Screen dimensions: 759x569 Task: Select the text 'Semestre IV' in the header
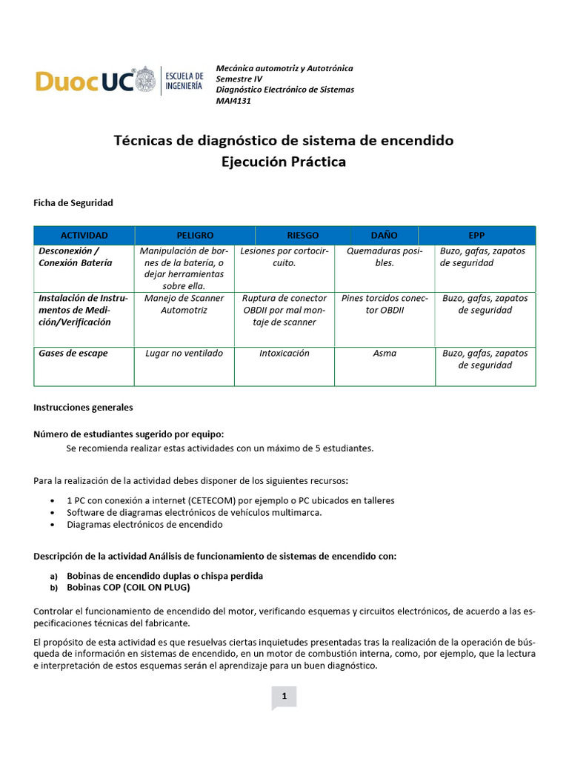pos(239,79)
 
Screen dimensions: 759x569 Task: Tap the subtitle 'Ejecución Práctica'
pos(284,162)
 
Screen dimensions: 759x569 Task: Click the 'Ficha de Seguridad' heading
pos(73,202)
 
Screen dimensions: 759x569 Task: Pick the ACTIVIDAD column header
pos(84,235)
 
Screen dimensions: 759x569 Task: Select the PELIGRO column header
pos(195,235)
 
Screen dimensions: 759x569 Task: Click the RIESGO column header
pos(302,235)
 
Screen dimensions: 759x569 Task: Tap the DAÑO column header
pos(384,235)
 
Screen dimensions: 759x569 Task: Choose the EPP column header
pos(476,235)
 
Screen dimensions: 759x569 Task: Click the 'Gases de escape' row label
pos(73,354)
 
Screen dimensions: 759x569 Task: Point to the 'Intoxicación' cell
pos(284,354)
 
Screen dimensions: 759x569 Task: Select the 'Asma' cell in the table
pos(385,354)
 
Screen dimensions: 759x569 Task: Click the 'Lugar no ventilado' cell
pos(184,354)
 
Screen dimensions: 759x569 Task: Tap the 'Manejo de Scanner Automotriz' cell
pos(184,304)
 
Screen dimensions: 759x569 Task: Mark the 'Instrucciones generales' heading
pos(83,408)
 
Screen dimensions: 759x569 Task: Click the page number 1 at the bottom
pos(284,696)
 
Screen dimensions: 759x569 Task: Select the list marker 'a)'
pos(53,576)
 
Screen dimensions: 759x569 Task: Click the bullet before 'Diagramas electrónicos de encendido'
pos(54,525)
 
